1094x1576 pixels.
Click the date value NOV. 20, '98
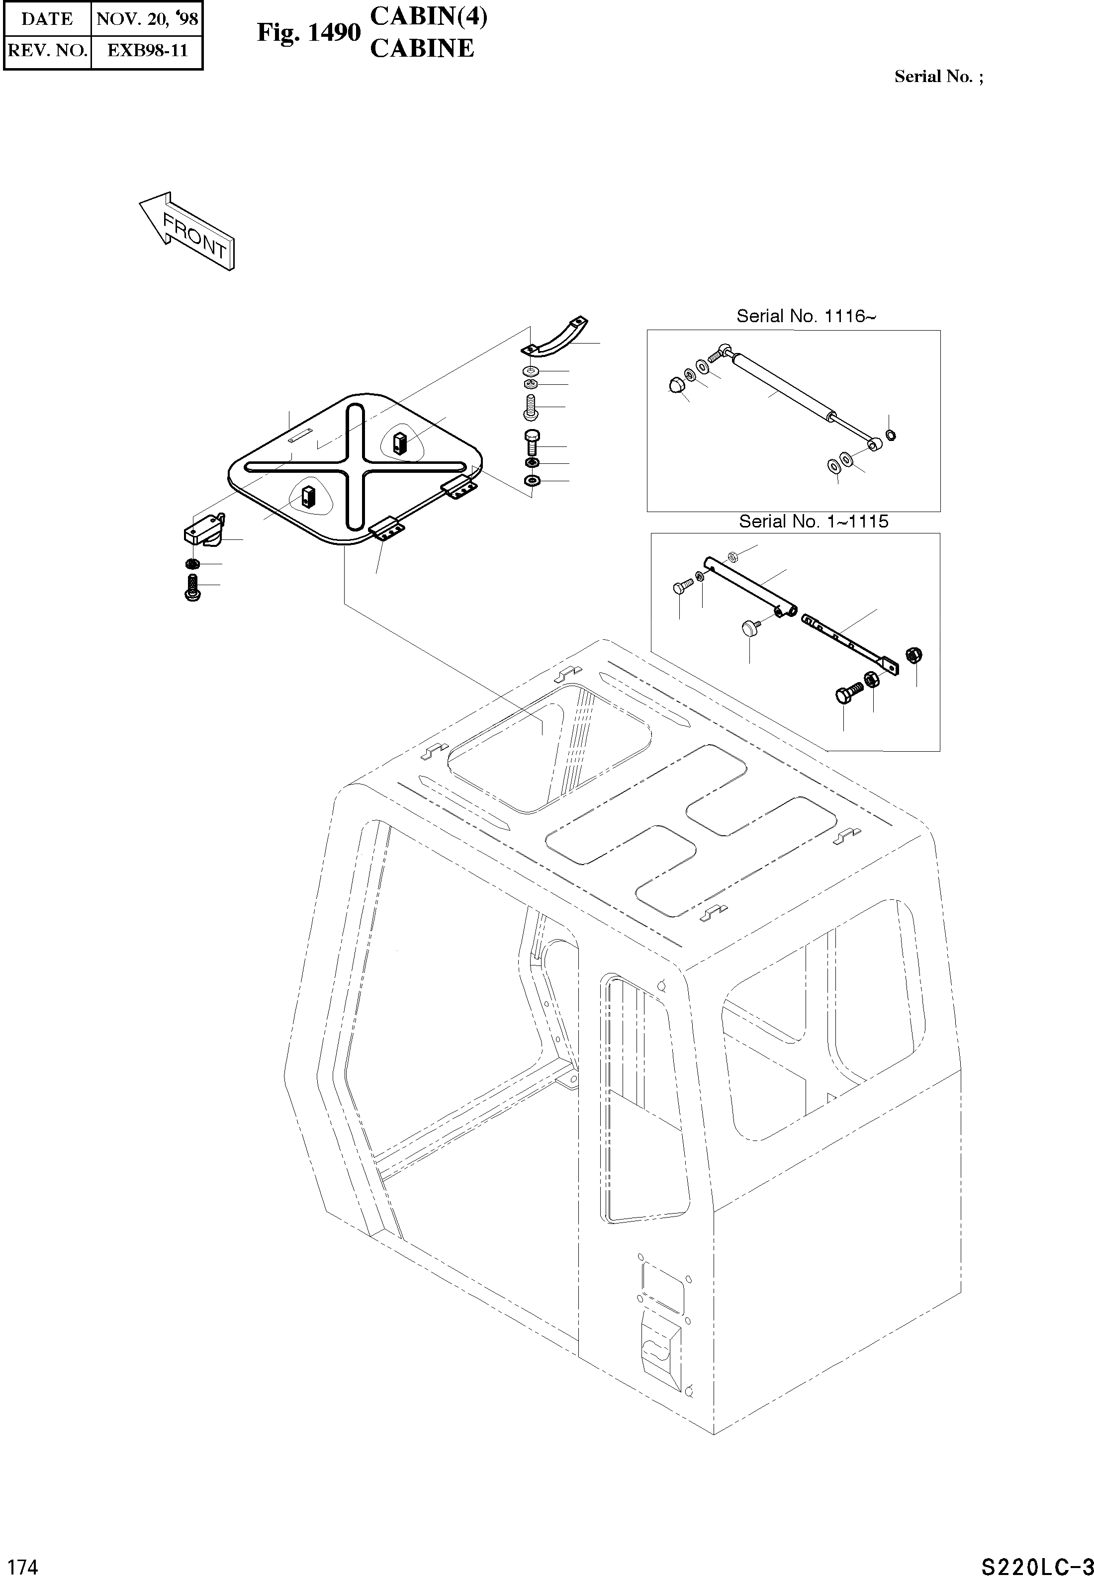pyautogui.click(x=147, y=18)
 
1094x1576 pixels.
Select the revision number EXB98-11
pyautogui.click(x=147, y=50)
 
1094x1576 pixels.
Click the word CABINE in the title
pyautogui.click(x=422, y=48)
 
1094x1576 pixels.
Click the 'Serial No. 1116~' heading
pyautogui.click(x=806, y=316)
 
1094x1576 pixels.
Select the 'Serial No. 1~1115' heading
pyautogui.click(x=813, y=522)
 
